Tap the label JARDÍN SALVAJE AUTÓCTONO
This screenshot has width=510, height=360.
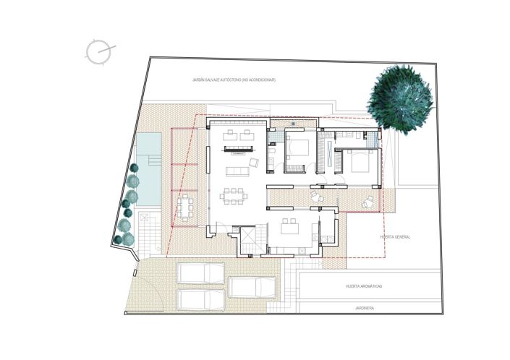[x=234, y=80]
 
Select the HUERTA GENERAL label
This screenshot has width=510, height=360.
[x=395, y=236]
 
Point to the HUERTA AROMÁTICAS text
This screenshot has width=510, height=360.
[x=363, y=286]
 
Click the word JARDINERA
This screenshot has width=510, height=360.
[x=363, y=307]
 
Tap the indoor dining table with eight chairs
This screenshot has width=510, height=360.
[x=234, y=195]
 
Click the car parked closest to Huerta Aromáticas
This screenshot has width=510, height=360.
[x=253, y=287]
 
